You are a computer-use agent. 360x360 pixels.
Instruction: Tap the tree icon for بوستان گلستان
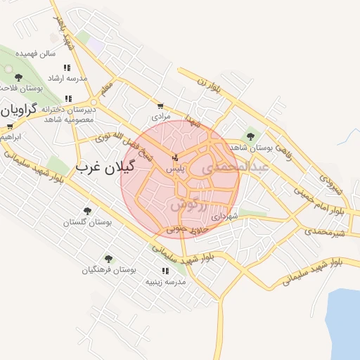click(x=87, y=210)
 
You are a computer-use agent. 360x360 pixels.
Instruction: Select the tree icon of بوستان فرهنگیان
click(x=108, y=259)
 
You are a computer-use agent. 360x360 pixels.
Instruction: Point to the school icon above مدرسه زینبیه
click(x=165, y=271)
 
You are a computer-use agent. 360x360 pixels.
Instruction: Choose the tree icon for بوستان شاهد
click(x=250, y=136)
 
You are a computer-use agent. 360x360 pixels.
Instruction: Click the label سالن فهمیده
click(x=38, y=53)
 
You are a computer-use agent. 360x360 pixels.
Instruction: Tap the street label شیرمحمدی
click(x=328, y=231)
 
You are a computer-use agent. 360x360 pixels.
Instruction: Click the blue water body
click(x=345, y=316)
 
